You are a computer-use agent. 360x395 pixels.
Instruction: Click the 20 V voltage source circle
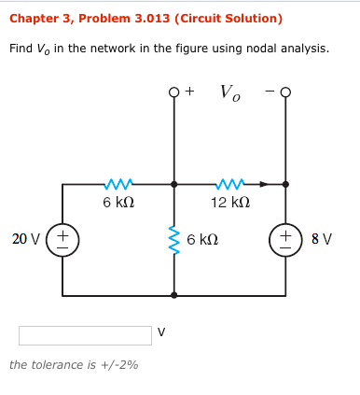[62, 240]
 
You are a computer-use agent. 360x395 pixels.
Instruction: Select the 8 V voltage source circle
[285, 240]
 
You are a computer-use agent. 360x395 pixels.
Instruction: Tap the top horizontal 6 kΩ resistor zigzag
[118, 184]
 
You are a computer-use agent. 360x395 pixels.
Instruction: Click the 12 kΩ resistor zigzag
[228, 184]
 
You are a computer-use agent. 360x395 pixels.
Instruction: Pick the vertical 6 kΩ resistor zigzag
[173, 240]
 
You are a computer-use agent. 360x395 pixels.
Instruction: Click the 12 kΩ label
[228, 203]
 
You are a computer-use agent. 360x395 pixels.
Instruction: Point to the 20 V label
[25, 240]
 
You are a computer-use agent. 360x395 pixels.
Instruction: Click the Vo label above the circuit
[229, 92]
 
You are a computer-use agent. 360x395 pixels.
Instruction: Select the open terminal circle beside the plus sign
[173, 92]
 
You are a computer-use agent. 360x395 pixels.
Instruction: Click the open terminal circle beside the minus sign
[285, 92]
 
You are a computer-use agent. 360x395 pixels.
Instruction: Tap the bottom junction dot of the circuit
[173, 295]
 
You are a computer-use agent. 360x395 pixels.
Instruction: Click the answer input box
[85, 335]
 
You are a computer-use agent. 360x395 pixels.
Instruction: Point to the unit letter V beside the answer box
[162, 331]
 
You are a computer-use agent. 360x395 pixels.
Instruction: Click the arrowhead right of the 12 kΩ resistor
[264, 184]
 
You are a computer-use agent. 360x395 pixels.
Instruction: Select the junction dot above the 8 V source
[285, 184]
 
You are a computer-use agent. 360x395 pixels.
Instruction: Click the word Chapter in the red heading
[35, 19]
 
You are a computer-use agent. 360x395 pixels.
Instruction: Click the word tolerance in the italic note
[62, 364]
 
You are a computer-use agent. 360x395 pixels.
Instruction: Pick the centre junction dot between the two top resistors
[173, 184]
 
